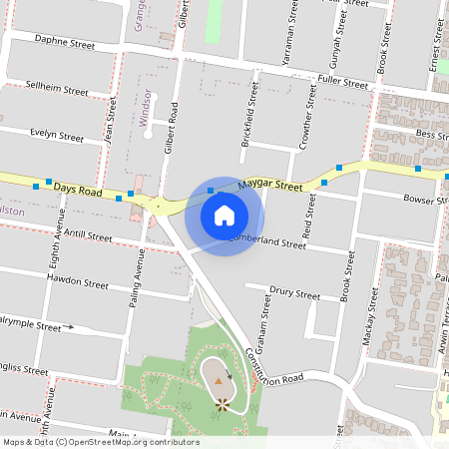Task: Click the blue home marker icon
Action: coord(224,216)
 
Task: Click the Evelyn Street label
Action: coord(57,136)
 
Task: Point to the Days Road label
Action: coord(78,190)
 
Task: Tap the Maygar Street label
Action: coord(274,186)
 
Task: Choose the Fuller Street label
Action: coord(342,83)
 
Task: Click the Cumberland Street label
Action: coord(266,241)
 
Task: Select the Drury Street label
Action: coord(295,295)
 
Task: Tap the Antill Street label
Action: coord(87,236)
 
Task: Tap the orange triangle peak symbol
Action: coord(219,380)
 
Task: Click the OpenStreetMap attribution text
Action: coord(101,441)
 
